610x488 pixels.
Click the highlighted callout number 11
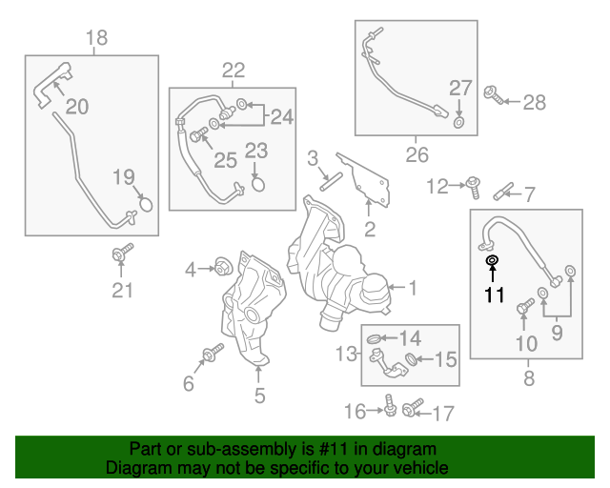click(x=493, y=295)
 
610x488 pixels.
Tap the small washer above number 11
click(x=492, y=259)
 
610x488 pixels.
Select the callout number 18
click(x=96, y=38)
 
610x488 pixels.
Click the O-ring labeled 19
click(x=146, y=202)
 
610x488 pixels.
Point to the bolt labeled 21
click(x=121, y=254)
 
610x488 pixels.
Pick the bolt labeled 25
click(x=197, y=137)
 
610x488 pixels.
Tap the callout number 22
click(x=234, y=70)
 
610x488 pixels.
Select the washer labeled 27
click(x=459, y=122)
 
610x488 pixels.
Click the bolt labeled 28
click(x=496, y=95)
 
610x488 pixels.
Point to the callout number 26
click(x=417, y=154)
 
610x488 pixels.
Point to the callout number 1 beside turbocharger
click(x=414, y=286)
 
